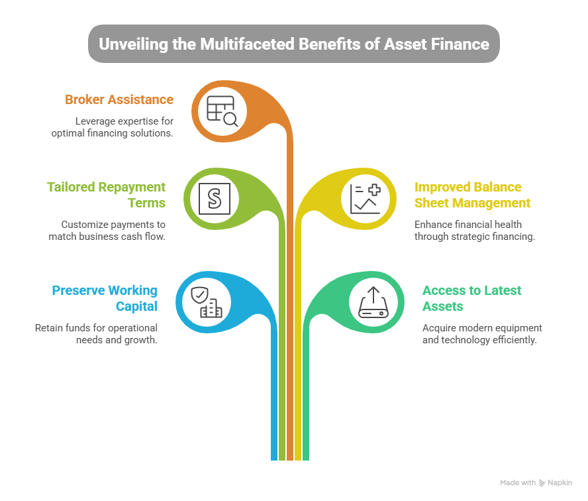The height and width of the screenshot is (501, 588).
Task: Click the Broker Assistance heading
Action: (119, 100)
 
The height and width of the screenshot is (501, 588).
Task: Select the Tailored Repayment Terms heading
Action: (106, 195)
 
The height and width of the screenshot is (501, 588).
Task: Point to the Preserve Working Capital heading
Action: (105, 298)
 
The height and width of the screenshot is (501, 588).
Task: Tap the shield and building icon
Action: (206, 302)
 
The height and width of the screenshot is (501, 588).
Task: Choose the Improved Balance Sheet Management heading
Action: (472, 195)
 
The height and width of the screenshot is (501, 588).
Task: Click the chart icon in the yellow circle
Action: (365, 198)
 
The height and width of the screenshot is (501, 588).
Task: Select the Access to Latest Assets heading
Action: (472, 298)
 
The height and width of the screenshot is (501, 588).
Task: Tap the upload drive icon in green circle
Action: (373, 302)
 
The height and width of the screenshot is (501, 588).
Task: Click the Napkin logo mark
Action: (542, 483)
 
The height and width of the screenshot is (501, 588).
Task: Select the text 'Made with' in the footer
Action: (517, 483)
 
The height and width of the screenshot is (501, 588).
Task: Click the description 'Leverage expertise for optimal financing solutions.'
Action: (113, 127)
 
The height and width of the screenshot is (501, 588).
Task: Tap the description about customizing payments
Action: (107, 230)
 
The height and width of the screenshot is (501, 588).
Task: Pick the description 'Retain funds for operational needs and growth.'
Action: (96, 333)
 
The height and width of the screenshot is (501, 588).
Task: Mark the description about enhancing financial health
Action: (474, 230)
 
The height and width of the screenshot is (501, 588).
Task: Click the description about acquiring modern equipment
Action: (482, 333)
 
